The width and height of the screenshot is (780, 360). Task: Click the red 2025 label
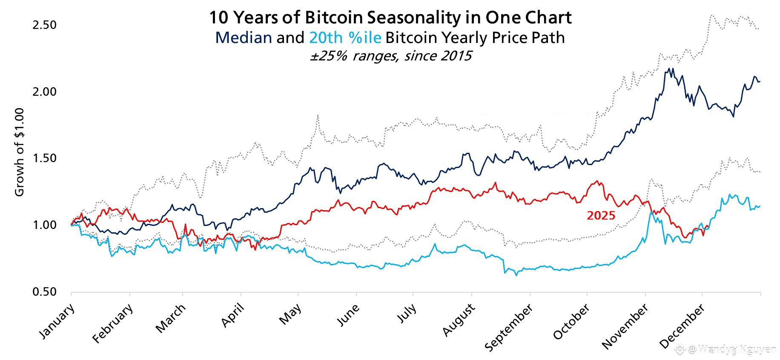[x=601, y=216]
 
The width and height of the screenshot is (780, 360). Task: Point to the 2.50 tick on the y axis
[x=44, y=25]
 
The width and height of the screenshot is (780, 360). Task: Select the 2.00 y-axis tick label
[x=44, y=92]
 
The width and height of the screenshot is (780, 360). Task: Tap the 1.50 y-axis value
[x=44, y=158]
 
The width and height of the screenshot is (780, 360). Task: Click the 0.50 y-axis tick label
[x=44, y=292]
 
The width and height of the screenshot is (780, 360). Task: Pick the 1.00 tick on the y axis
[x=44, y=225]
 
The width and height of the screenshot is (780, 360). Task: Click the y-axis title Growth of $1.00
[x=20, y=152]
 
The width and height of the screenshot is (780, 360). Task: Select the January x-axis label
[x=57, y=321]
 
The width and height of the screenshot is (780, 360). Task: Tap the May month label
[x=290, y=314]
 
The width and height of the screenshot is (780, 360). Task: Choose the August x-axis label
[x=459, y=320]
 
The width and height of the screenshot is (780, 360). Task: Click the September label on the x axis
[x=509, y=328]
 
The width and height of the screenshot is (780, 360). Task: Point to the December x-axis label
[x=682, y=327]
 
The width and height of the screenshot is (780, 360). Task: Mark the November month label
[x=625, y=327]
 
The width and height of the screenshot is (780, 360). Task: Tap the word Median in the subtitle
[x=244, y=37]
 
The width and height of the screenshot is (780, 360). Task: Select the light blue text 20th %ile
[x=345, y=37]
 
